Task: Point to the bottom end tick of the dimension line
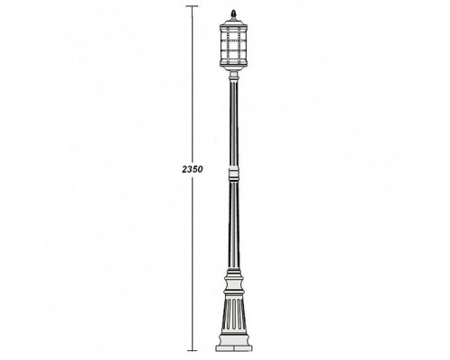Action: [192, 348]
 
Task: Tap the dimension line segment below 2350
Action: [192, 261]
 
